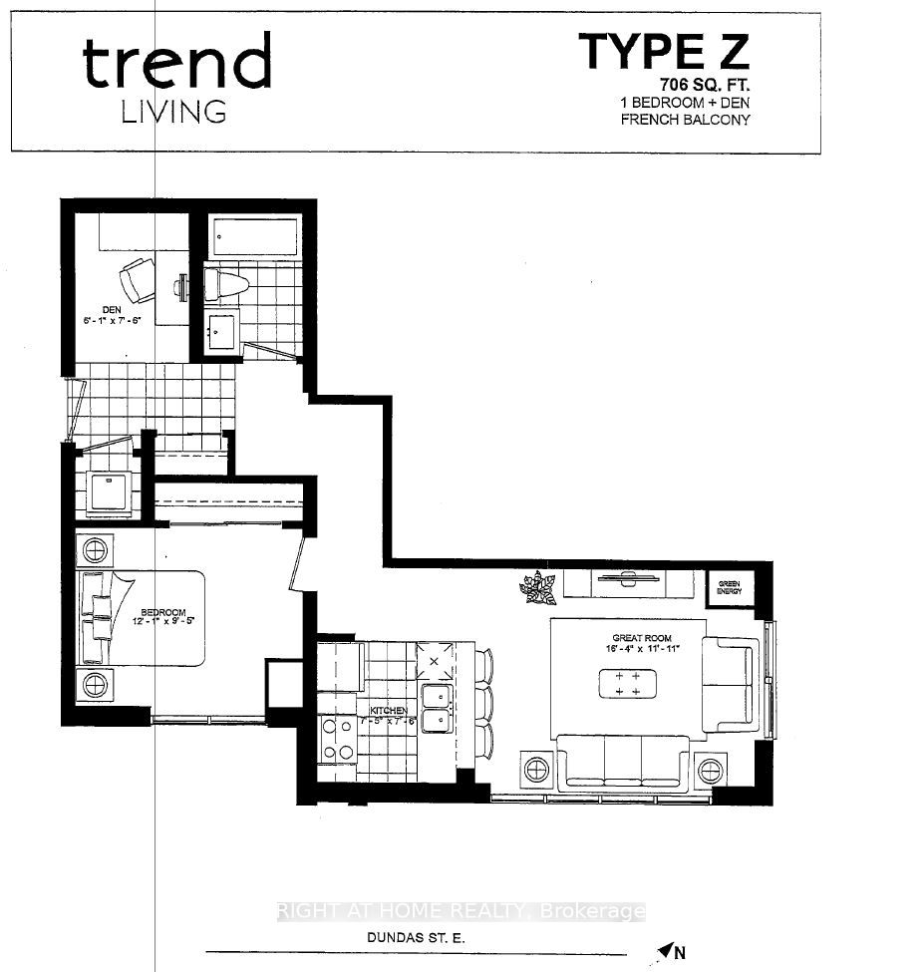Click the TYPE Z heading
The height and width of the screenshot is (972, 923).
pyautogui.click(x=663, y=51)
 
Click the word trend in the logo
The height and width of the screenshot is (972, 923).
pyautogui.click(x=177, y=64)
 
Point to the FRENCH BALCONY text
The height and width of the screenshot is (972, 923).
pyautogui.click(x=685, y=120)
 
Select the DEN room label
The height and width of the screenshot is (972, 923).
pyautogui.click(x=112, y=310)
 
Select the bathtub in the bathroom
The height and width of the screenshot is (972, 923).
pyautogui.click(x=254, y=237)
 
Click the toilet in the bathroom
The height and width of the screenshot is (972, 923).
pyautogui.click(x=224, y=285)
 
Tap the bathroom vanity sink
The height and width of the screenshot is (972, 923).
pyautogui.click(x=220, y=328)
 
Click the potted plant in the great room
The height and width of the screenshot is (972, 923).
pyautogui.click(x=537, y=587)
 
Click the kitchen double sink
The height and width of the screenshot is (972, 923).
pyautogui.click(x=436, y=709)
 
